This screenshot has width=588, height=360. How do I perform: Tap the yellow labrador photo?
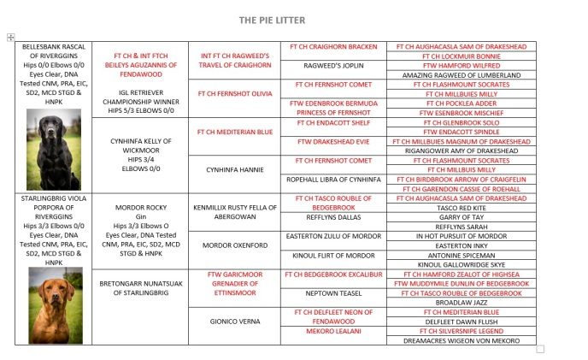53,304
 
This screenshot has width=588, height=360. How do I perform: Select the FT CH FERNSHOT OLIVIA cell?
234,93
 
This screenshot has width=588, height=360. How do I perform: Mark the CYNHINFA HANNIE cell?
234,169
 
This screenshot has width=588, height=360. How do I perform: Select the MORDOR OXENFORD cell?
234,245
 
